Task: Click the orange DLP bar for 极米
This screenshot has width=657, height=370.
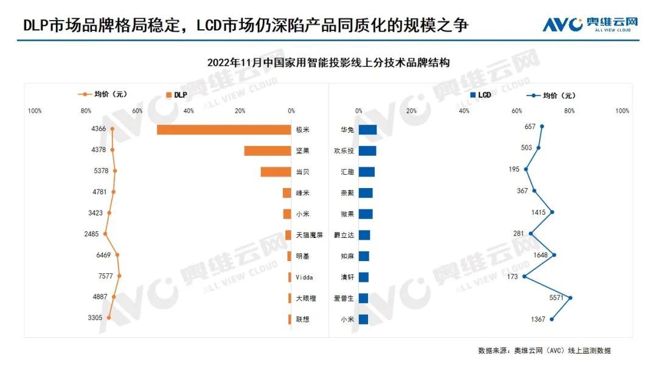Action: [224, 130]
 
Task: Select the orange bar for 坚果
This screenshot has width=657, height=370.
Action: [268, 151]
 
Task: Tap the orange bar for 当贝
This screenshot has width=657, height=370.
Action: [276, 172]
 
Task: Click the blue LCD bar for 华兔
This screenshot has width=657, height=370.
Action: [367, 130]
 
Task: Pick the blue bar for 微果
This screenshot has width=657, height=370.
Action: [366, 214]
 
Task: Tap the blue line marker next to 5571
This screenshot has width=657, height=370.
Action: [570, 298]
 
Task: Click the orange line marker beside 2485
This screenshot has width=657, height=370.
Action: [105, 234]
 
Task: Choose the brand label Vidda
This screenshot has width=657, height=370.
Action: [304, 277]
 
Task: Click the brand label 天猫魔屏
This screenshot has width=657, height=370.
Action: [309, 235]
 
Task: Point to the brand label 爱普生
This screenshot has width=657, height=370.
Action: [342, 298]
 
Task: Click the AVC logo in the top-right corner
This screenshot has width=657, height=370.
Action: [590, 24]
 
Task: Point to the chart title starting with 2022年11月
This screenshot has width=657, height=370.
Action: [328, 63]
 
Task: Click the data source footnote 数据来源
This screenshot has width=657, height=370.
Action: [544, 351]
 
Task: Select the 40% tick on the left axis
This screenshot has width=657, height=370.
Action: [189, 111]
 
